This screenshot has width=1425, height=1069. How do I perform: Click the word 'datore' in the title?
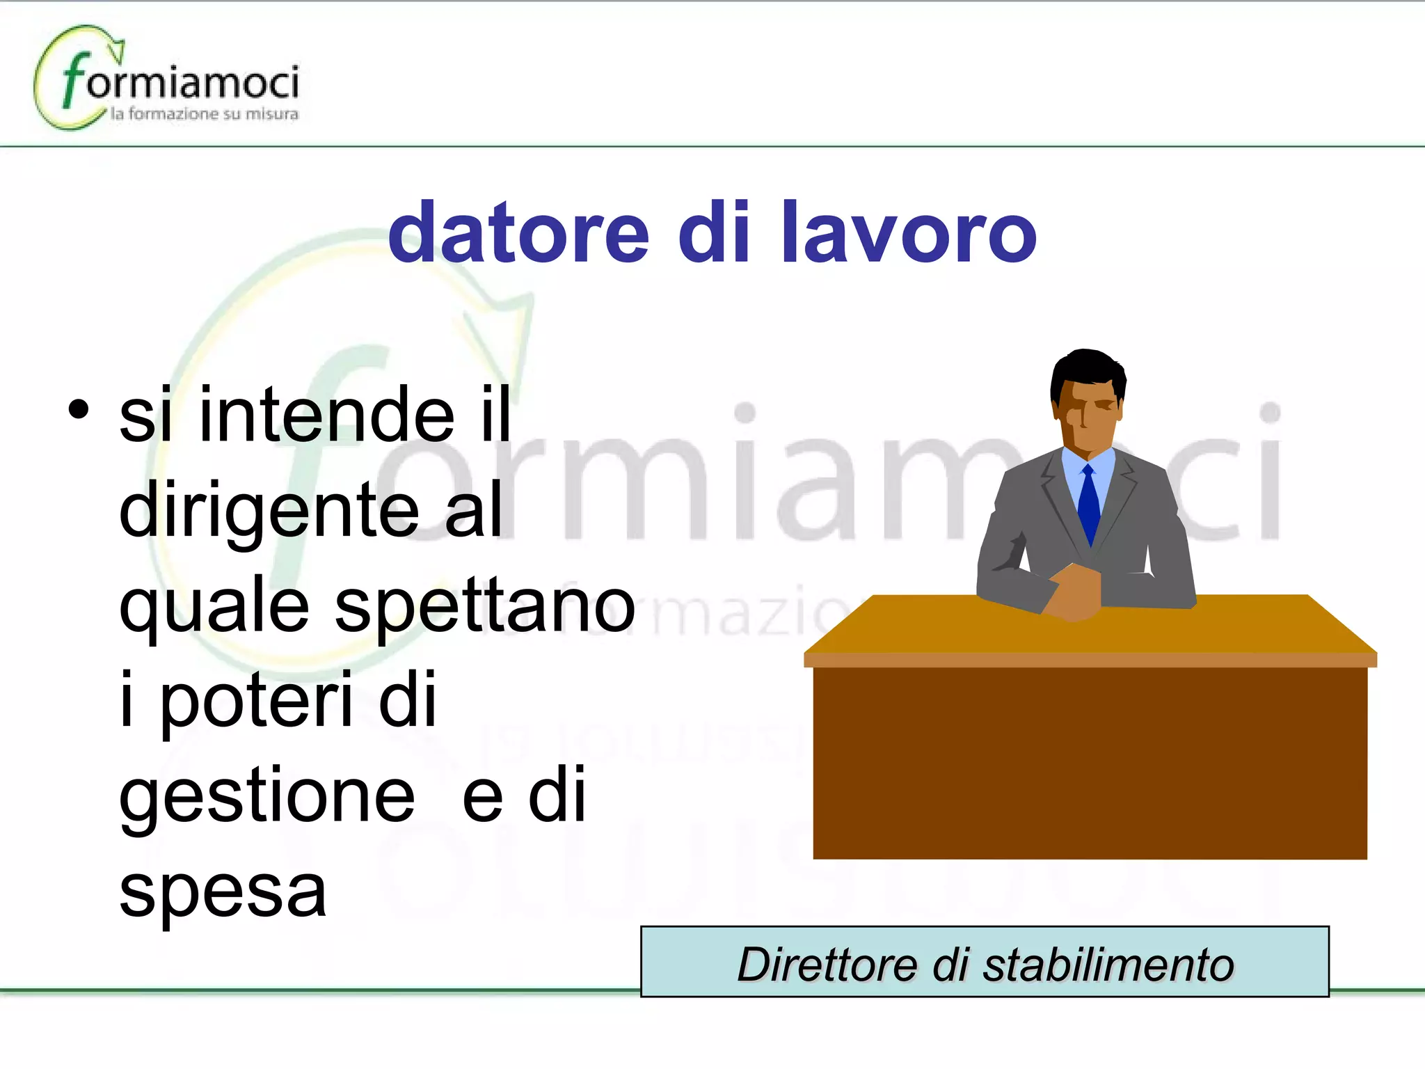click(x=518, y=233)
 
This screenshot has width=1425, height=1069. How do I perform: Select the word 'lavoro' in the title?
click(x=909, y=233)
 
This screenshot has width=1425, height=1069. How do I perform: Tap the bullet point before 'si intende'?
click(x=79, y=409)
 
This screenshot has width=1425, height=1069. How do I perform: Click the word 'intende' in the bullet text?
click(x=327, y=415)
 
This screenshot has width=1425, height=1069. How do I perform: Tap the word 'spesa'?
click(x=223, y=891)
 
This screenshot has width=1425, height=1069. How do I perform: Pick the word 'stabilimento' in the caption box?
click(x=1109, y=965)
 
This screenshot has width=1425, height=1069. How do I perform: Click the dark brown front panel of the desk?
click(x=1090, y=762)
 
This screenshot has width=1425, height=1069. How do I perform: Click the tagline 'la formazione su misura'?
click(x=205, y=114)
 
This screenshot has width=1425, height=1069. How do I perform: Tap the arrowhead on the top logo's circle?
click(x=117, y=49)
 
